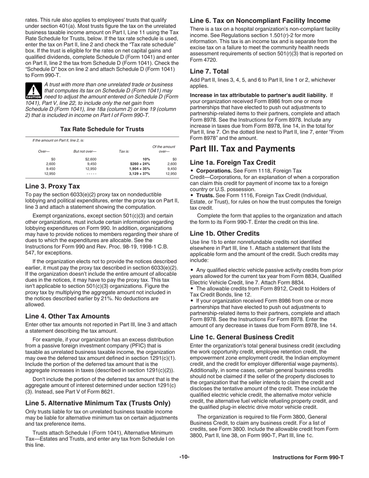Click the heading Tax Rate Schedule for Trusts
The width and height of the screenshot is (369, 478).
click(102, 129)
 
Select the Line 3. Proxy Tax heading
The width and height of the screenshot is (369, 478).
click(52, 186)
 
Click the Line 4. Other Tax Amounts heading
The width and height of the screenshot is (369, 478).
click(68, 316)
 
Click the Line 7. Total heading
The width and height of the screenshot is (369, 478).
click(209, 72)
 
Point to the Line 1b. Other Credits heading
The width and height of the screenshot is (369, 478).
click(225, 234)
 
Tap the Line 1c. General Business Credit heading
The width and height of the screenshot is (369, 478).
click(242, 337)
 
